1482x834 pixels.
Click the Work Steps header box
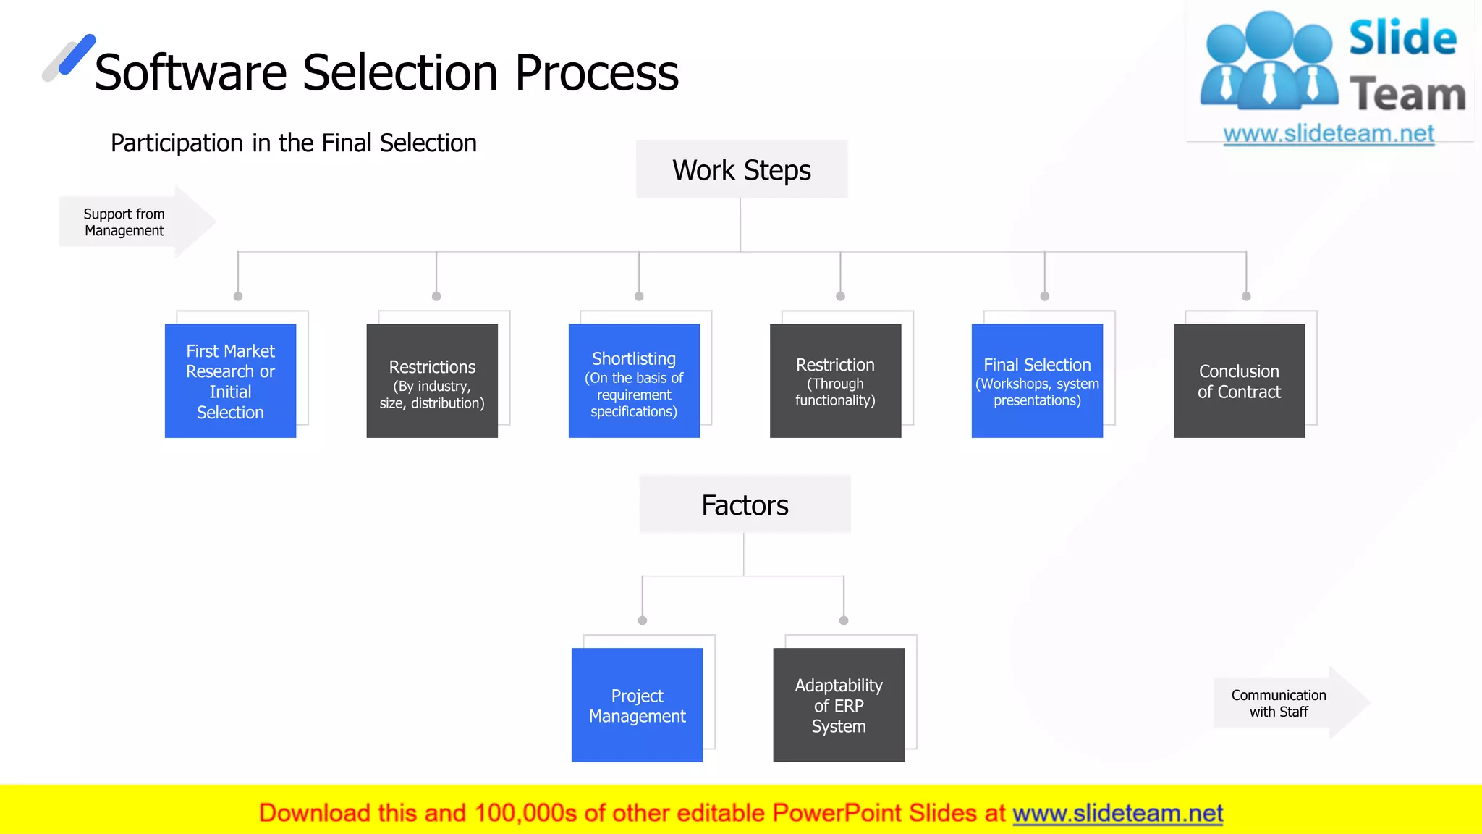tap(742, 169)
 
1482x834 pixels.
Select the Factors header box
tap(745, 505)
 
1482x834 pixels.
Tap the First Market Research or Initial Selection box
tap(230, 381)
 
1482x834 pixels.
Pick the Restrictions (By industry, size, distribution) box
tap(432, 381)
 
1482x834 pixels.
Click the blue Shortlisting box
tap(634, 381)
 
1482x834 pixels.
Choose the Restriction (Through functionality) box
tap(835, 381)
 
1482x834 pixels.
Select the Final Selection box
tap(1037, 381)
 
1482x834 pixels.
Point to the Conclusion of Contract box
tap(1239, 381)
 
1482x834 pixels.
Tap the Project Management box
tap(637, 705)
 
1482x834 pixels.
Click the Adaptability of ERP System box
tap(839, 705)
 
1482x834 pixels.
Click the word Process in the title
tap(596, 73)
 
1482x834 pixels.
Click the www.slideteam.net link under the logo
tap(1329, 134)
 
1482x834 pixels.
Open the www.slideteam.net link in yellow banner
tap(1117, 813)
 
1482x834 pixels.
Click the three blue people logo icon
tap(1269, 62)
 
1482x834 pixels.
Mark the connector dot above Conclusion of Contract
tap(1246, 296)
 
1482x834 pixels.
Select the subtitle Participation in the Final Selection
tap(293, 143)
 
